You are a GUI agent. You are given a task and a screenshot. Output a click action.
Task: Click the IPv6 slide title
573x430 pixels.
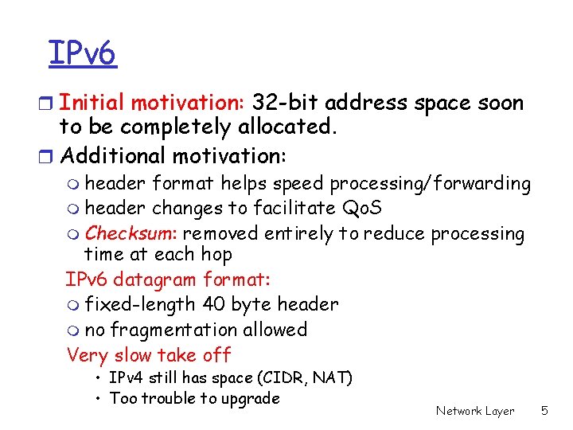coord(82,53)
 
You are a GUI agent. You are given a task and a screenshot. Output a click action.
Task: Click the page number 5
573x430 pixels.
coord(544,411)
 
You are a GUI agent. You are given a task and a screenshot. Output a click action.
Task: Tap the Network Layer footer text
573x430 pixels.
coord(474,411)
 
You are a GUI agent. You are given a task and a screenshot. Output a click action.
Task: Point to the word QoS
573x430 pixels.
coord(362,209)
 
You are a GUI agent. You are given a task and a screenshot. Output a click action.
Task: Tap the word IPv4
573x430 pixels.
coord(126,377)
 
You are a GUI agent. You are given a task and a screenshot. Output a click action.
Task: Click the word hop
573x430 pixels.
coord(216,255)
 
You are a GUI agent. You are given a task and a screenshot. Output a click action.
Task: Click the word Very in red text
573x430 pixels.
coord(88,355)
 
